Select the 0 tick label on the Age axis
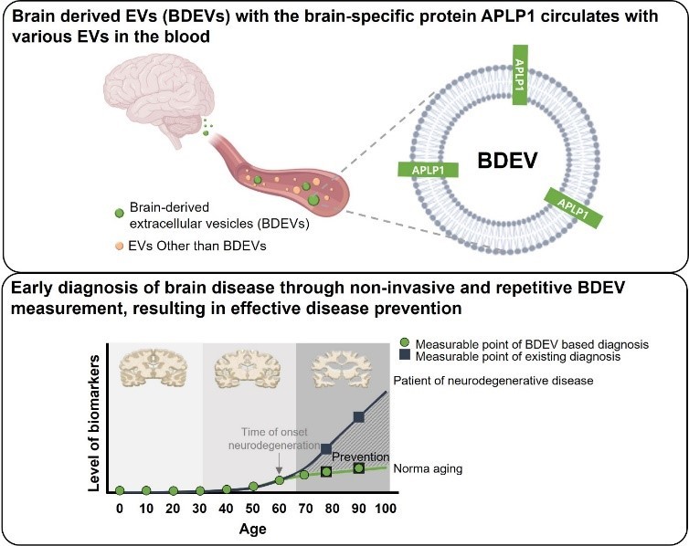point(119,509)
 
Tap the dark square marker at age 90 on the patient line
point(359,417)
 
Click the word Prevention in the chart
point(360,457)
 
